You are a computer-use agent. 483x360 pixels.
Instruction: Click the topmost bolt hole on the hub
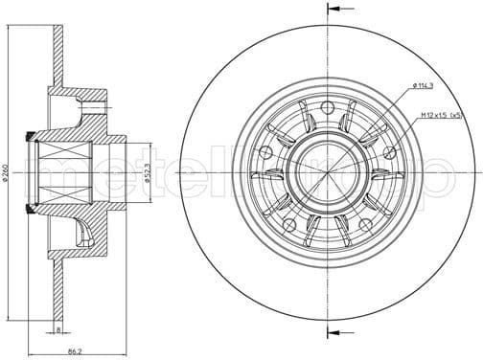coord(328,106)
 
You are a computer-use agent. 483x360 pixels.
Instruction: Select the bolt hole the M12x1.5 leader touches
coord(389,151)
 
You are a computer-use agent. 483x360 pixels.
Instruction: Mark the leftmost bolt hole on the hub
coord(265,151)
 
